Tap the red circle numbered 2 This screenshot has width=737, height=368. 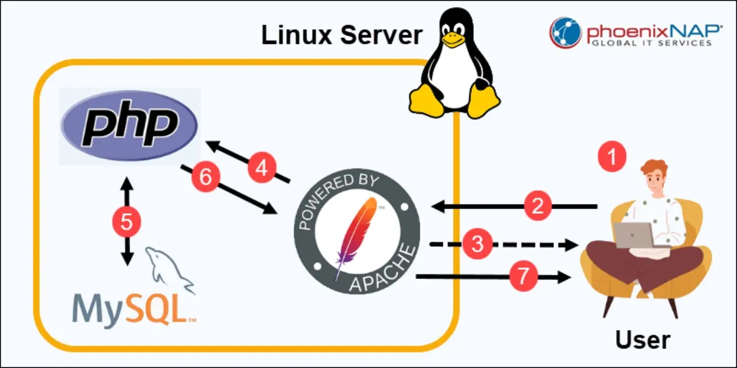(x=538, y=206)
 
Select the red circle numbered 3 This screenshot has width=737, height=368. (x=477, y=244)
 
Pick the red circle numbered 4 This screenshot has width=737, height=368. (x=262, y=168)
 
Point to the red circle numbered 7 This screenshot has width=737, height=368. (x=523, y=277)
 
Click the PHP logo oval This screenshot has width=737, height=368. (x=130, y=126)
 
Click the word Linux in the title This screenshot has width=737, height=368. (x=297, y=36)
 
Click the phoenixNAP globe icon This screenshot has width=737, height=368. (x=565, y=32)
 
